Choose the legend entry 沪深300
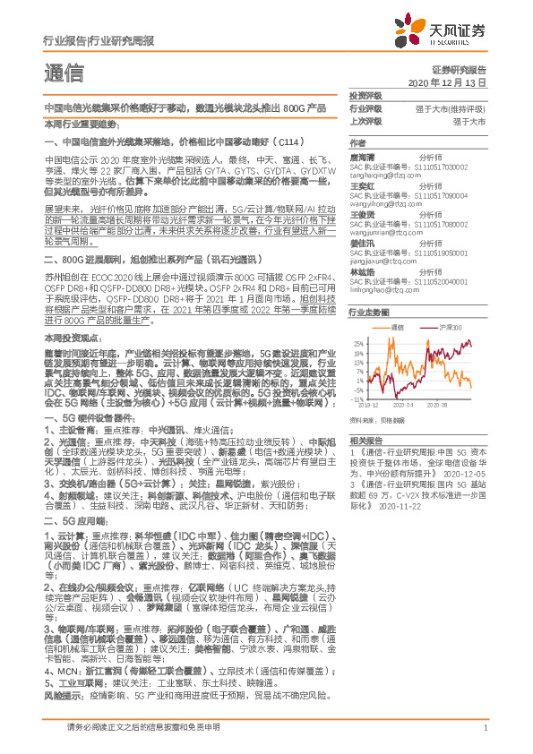450,328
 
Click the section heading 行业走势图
368,313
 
